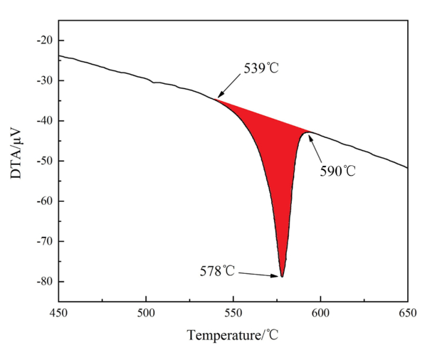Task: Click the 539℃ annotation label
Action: [261, 68]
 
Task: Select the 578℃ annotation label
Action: [217, 271]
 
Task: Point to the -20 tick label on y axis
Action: [45, 40]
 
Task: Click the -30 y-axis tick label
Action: [45, 80]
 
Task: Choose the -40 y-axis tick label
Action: [45, 121]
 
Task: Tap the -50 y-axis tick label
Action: [45, 161]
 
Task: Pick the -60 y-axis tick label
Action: [45, 201]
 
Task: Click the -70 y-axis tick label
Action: [45, 242]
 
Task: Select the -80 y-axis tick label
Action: [45, 281]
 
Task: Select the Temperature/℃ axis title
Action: [233, 335]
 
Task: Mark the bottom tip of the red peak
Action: [282, 277]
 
